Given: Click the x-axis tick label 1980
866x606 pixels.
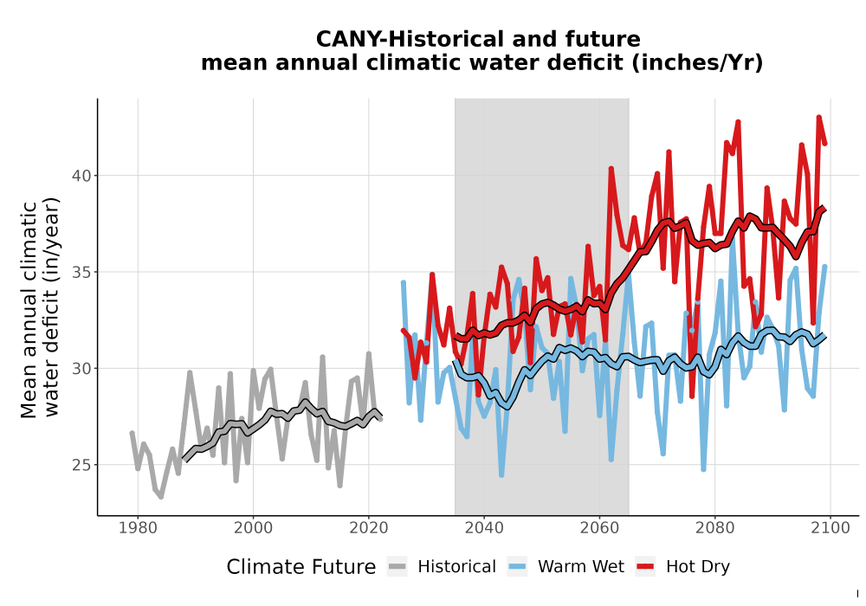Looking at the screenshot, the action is (138, 528).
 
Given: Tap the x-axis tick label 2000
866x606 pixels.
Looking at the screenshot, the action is (253, 528).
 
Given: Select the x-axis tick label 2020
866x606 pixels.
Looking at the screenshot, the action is (368, 528).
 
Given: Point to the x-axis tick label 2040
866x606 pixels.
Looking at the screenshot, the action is (484, 528).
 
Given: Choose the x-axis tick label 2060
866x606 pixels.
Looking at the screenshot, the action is (599, 528).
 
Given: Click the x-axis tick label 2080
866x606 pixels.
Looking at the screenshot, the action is (714, 528).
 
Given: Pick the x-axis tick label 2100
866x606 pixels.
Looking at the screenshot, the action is (830, 528).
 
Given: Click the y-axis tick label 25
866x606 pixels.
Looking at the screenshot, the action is (81, 465).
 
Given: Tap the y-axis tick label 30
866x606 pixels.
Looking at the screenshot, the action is (81, 368).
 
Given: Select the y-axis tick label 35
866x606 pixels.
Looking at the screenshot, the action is (81, 272).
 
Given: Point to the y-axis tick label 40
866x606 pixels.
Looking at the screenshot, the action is (81, 176).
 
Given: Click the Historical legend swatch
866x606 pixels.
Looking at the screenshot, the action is (397, 566).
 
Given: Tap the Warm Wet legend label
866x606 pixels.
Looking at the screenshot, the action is (581, 567).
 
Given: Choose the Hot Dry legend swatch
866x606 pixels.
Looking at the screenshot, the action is (645, 566).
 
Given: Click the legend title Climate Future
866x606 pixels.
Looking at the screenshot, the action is (301, 567).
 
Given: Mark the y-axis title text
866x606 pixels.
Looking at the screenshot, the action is (40, 309).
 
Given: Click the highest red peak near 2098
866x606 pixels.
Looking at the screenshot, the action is (818, 117).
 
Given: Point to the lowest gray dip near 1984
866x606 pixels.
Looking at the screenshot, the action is (161, 497).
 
